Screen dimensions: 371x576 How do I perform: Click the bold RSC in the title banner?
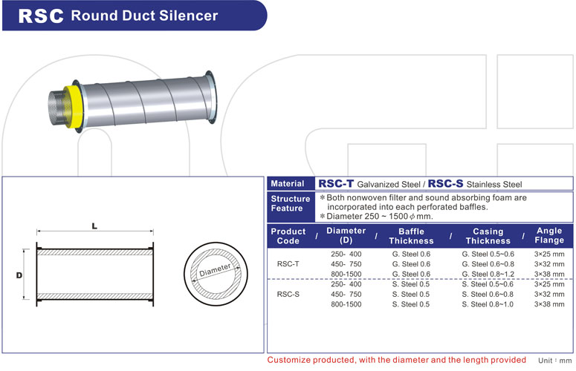pyautogui.click(x=39, y=16)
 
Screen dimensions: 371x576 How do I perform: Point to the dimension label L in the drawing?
pyautogui.click(x=95, y=226)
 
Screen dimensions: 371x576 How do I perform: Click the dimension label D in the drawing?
pyautogui.click(x=19, y=275)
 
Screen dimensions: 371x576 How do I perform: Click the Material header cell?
pyautogui.click(x=288, y=184)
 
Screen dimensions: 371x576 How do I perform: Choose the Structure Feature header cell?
pyautogui.click(x=290, y=204)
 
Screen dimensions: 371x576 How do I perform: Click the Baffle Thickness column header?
pyautogui.click(x=411, y=236)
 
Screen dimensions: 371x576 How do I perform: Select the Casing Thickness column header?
pyautogui.click(x=488, y=236)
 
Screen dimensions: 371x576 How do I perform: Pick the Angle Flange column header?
pyautogui.click(x=549, y=236)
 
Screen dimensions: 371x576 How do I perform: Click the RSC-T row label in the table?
pyautogui.click(x=288, y=263)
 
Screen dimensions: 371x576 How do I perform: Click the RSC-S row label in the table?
pyautogui.click(x=288, y=295)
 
